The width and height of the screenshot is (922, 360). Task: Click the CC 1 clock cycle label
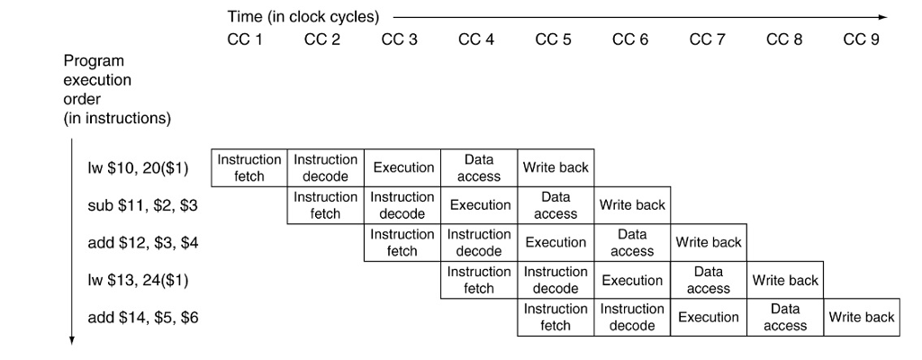pyautogui.click(x=245, y=40)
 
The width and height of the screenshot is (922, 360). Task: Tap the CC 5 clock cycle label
pyautogui.click(x=553, y=40)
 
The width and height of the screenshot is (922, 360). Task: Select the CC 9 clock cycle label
pyautogui.click(x=861, y=40)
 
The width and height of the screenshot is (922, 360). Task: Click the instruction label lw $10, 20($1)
pyautogui.click(x=136, y=168)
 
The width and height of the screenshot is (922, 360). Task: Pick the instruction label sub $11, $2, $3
pyautogui.click(x=142, y=205)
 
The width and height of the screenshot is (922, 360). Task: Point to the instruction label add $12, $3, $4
pyautogui.click(x=142, y=242)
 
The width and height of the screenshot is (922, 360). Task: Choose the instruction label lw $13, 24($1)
pyautogui.click(x=137, y=280)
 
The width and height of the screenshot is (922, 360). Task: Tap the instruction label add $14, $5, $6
pyautogui.click(x=142, y=317)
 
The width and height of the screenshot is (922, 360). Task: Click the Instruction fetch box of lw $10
pyautogui.click(x=249, y=167)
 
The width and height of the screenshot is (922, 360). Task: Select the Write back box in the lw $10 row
pyautogui.click(x=556, y=167)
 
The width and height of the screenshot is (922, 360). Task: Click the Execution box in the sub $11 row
pyautogui.click(x=480, y=205)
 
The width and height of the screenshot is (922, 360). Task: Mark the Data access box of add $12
pyautogui.click(x=632, y=242)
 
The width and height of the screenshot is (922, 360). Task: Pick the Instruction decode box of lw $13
pyautogui.click(x=556, y=280)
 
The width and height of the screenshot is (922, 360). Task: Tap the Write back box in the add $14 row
pyautogui.click(x=862, y=317)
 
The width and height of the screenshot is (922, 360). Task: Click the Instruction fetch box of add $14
pyautogui.click(x=556, y=317)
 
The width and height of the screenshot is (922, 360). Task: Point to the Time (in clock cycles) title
pyautogui.click(x=303, y=17)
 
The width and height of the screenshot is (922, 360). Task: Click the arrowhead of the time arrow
pyautogui.click(x=882, y=17)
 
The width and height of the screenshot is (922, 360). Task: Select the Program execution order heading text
pyautogui.click(x=117, y=89)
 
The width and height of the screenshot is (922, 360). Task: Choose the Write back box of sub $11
pyautogui.click(x=632, y=205)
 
